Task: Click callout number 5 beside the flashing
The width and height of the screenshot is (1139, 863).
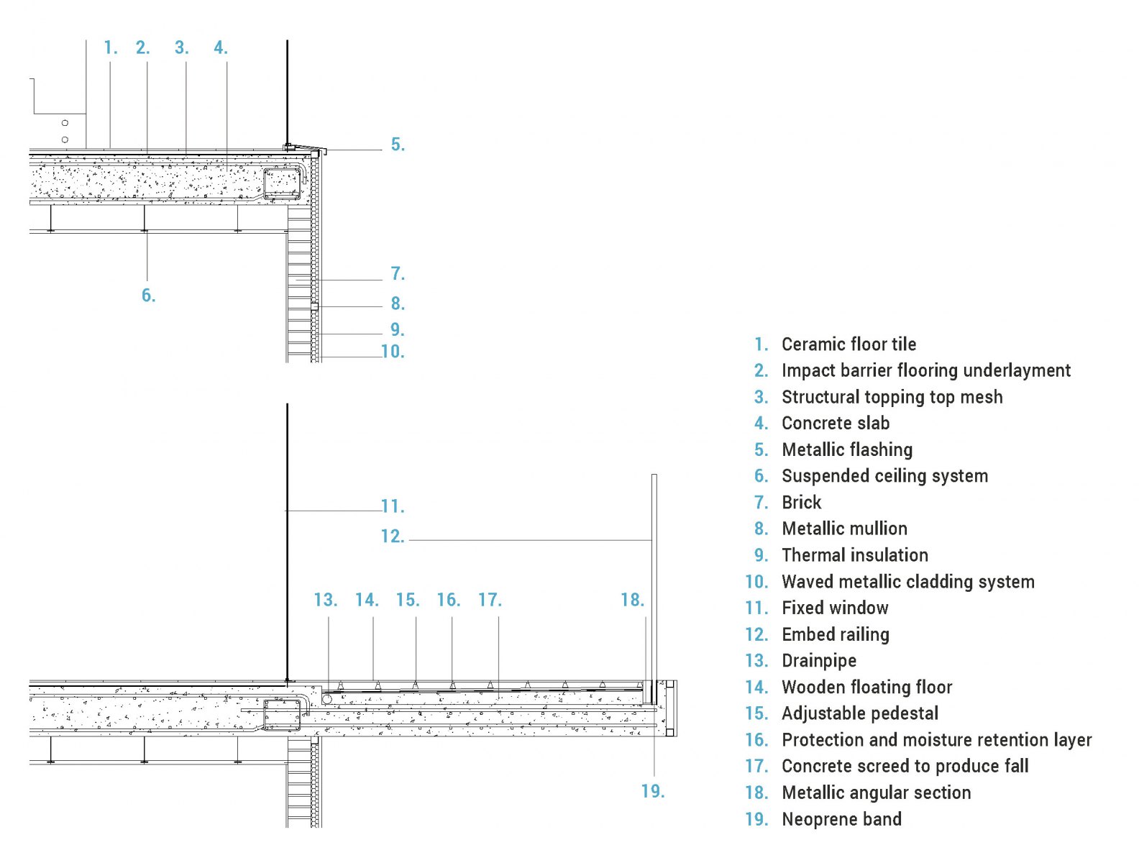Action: (x=398, y=145)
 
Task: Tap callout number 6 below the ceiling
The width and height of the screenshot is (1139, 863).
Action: (x=148, y=296)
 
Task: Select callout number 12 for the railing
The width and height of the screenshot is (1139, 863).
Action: (x=393, y=536)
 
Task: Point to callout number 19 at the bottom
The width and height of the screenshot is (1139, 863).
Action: (x=653, y=791)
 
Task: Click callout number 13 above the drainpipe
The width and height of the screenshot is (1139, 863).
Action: (x=325, y=600)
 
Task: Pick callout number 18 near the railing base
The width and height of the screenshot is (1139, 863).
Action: (x=633, y=600)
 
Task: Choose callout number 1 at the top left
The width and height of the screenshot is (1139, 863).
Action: (x=111, y=47)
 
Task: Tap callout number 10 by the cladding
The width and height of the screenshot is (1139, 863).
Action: (x=393, y=352)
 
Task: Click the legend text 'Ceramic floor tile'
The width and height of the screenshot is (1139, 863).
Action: (x=849, y=344)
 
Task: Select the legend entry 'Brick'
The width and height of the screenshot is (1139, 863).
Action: (x=801, y=502)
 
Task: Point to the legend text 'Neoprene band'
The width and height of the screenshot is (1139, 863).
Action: (x=842, y=819)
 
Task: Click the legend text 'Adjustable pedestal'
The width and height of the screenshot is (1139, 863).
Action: (x=860, y=713)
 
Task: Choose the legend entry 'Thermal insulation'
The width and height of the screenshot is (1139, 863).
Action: (x=855, y=555)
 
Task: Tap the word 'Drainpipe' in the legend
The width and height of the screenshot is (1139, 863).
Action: (x=819, y=661)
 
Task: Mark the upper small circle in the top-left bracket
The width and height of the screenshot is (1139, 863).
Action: (x=65, y=123)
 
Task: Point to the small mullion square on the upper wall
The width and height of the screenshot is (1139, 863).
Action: (x=314, y=306)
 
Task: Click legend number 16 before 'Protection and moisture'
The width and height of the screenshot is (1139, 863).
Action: (x=756, y=739)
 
